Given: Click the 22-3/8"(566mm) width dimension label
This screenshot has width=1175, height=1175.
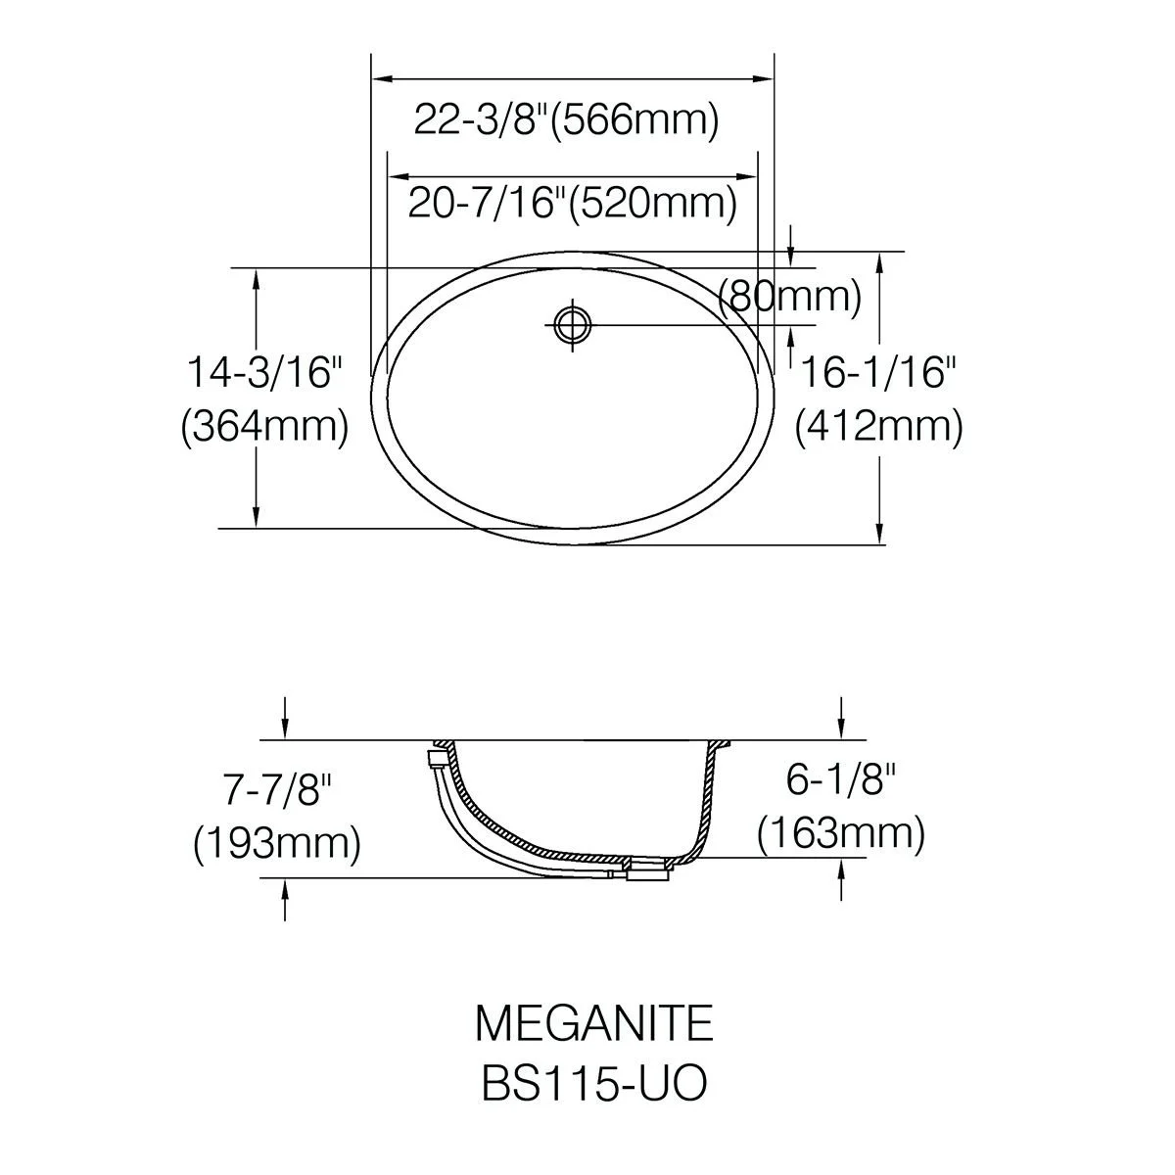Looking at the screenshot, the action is click(567, 120).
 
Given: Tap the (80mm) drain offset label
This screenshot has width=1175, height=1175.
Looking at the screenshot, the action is click(789, 297).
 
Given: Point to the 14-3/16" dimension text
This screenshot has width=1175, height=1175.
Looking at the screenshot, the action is click(265, 372).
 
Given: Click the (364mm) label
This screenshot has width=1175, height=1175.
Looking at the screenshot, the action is click(265, 426).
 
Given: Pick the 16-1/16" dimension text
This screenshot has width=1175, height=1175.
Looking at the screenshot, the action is click(878, 372).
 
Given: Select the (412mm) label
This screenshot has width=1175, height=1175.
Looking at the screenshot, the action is click(878, 426).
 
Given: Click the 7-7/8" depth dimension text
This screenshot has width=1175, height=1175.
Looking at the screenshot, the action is click(277, 790).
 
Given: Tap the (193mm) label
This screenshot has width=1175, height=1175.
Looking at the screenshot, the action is click(277, 844).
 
